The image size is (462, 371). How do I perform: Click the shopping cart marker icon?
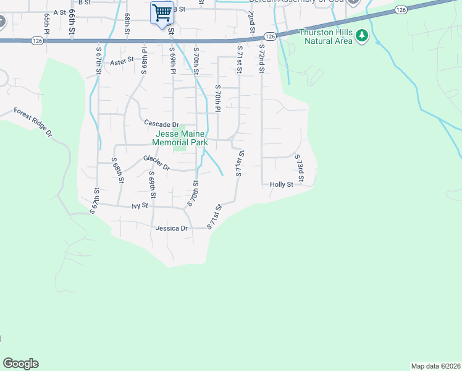162,12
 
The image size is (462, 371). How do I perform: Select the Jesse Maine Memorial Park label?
182,138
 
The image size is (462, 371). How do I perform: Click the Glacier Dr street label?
156,161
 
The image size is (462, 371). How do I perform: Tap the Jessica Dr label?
172,228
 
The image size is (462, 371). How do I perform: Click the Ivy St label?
141,205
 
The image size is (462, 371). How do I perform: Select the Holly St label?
281,184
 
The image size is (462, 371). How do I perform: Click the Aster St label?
122,61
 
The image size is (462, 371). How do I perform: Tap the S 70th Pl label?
217,98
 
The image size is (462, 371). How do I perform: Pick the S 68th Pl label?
143,59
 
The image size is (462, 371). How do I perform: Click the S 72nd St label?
262,59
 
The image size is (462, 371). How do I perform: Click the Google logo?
20,364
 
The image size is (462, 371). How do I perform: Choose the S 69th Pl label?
172,60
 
